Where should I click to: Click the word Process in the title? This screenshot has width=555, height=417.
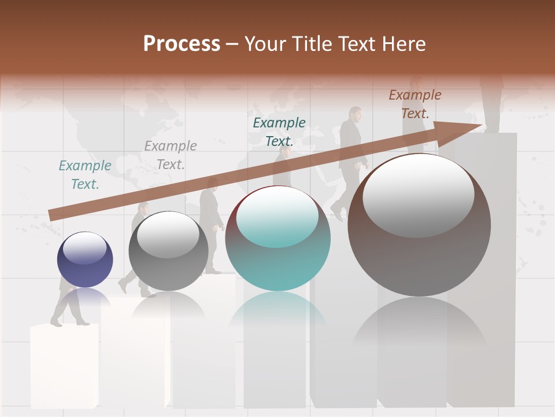tap(182, 44)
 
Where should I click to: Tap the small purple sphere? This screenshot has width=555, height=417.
tap(85, 259)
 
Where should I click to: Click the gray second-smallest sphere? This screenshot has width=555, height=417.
tap(168, 251)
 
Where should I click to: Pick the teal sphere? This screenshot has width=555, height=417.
tap(277, 239)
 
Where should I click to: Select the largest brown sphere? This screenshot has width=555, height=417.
tap(419, 225)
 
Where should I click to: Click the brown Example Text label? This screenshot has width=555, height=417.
tap(415, 104)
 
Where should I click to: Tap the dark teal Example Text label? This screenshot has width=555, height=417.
tap(279, 131)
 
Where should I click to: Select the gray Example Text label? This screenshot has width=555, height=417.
tap(171, 155)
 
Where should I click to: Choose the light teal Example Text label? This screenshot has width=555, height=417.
tap(85, 174)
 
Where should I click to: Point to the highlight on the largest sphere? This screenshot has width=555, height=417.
tap(418, 196)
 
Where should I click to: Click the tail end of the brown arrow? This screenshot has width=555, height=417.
tap(53, 215)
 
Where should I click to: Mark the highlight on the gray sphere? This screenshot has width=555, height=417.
tap(168, 235)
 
